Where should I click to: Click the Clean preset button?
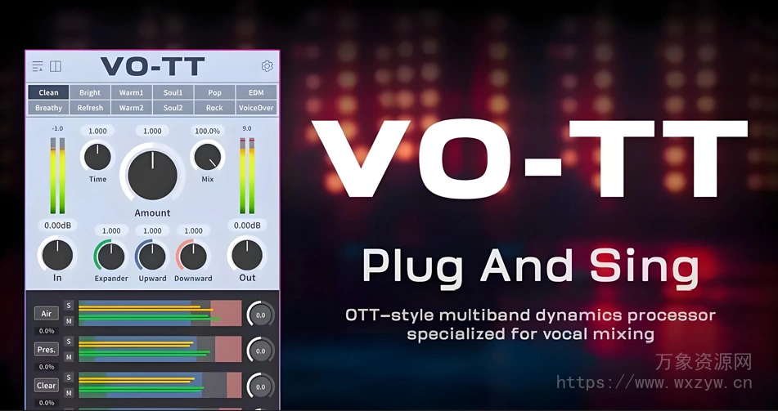(48, 92)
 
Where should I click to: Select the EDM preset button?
(256, 92)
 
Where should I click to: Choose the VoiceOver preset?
(256, 108)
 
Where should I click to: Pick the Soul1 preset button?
(173, 92)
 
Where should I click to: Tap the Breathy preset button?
(48, 108)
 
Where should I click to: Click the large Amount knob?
(152, 173)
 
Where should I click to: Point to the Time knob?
(97, 155)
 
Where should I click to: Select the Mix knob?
(207, 155)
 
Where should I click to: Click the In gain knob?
(57, 255)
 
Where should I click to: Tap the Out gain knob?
(247, 255)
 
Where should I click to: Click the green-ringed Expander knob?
(111, 257)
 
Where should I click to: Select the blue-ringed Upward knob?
(152, 257)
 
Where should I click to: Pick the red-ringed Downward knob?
(193, 257)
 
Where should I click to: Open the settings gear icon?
(267, 66)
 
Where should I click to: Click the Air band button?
(46, 314)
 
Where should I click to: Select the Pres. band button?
(46, 350)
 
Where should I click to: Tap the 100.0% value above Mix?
(207, 131)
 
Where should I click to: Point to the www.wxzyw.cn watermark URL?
(654, 382)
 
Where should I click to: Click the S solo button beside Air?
(70, 306)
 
